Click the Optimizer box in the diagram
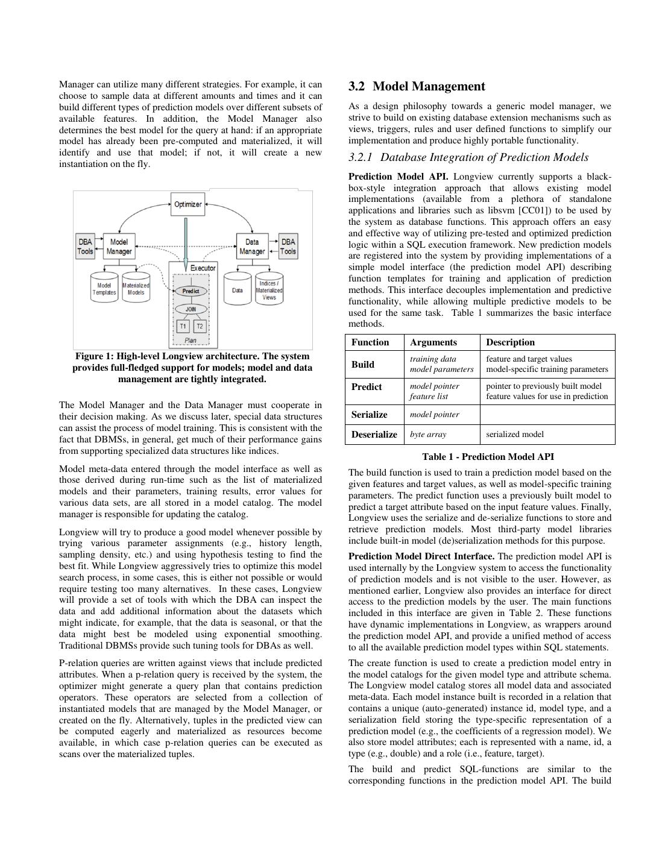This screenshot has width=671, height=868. tap(188, 204)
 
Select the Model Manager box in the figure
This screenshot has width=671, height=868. tap(119, 247)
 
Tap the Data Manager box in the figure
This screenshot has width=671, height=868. tap(252, 247)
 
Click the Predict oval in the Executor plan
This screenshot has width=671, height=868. tap(191, 291)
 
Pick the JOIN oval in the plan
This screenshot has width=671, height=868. tap(191, 309)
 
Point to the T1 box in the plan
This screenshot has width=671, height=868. tap(183, 327)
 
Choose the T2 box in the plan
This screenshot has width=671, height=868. tap(200, 327)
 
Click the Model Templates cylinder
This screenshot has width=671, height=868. tap(104, 289)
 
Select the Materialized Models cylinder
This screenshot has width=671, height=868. tap(136, 289)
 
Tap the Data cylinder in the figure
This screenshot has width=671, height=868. tap(238, 290)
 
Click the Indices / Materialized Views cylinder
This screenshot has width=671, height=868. tap(269, 290)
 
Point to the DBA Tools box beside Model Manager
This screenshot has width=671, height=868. tap(85, 247)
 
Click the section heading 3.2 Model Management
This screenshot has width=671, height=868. tap(417, 87)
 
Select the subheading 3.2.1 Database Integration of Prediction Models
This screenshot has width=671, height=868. tap(468, 157)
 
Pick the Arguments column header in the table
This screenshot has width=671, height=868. tap(433, 342)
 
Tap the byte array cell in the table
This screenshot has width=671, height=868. tap(426, 434)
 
